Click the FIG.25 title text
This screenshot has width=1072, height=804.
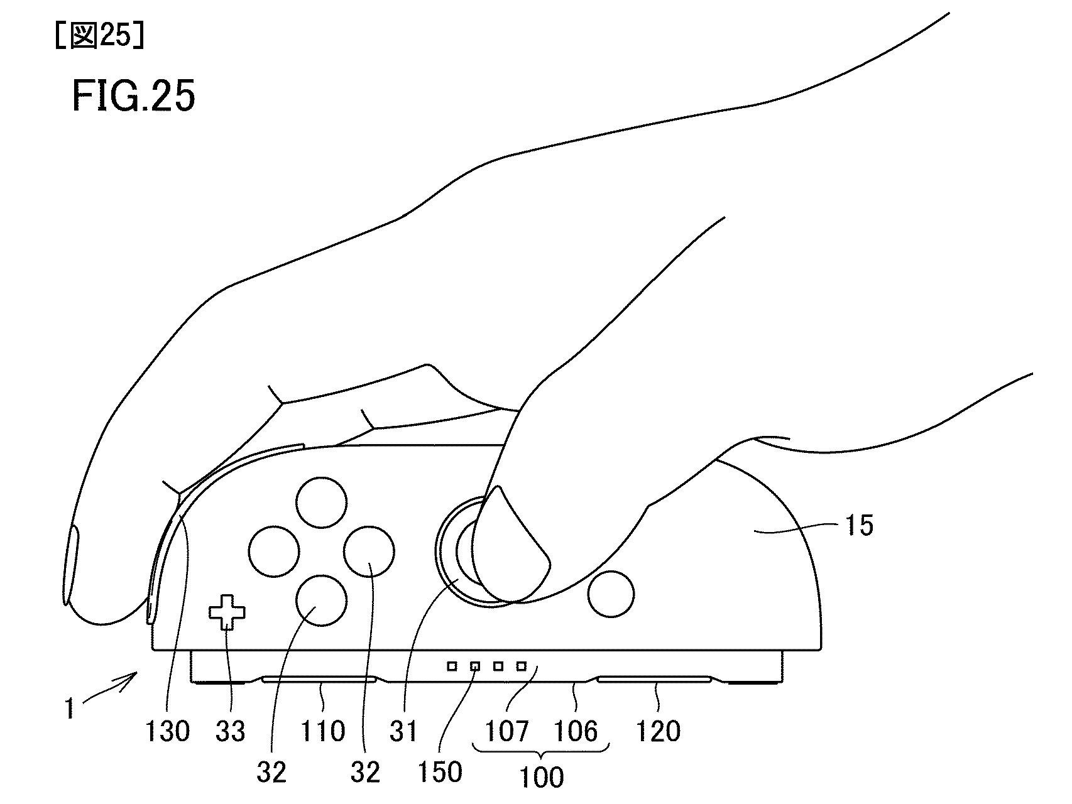[x=133, y=97]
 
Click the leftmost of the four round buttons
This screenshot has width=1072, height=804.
[x=274, y=551]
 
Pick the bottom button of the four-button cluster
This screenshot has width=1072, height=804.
[x=321, y=600]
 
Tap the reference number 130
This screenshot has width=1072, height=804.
[x=167, y=731]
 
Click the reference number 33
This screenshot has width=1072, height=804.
[x=231, y=731]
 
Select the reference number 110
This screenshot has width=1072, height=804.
[x=324, y=731]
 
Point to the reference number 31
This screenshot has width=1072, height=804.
[x=403, y=731]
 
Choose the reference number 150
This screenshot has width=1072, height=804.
[x=440, y=772]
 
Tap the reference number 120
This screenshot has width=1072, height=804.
[x=658, y=731]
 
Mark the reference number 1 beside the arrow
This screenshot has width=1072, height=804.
[x=70, y=710]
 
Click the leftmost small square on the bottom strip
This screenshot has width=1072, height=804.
[x=452, y=666]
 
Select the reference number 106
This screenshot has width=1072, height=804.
[x=576, y=731]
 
